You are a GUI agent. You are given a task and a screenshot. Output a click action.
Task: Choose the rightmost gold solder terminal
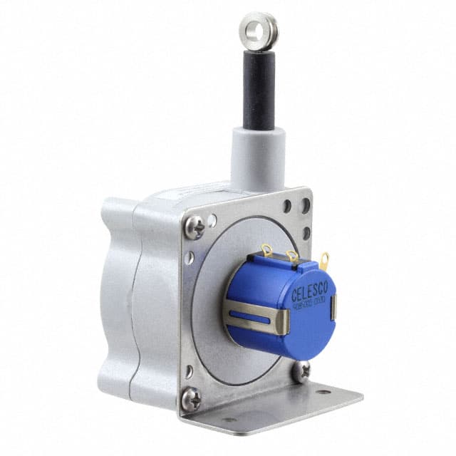click(324, 259)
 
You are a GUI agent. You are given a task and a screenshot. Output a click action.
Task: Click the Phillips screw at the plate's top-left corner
click(194, 227)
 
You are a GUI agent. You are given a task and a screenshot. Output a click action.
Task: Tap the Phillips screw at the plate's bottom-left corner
click(190, 398)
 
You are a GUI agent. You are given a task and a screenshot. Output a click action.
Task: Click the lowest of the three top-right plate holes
click(306, 233)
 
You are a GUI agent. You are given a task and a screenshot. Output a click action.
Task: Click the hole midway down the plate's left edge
click(189, 258)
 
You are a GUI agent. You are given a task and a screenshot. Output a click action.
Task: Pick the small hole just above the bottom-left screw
click(189, 370)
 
